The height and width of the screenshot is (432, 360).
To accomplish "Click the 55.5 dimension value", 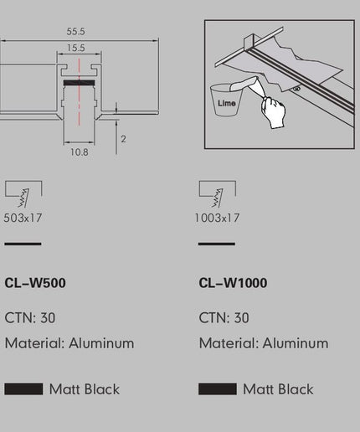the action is (75, 31).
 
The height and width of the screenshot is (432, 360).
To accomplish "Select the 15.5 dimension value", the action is (76, 48).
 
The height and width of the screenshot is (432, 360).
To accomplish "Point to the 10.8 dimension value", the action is (80, 152).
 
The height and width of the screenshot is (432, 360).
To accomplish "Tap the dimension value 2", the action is (123, 139).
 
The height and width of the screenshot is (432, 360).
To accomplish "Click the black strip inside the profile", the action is (79, 83).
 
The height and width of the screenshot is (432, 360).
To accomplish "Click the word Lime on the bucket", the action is (227, 103).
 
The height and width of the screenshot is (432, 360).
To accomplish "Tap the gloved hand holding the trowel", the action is (273, 112).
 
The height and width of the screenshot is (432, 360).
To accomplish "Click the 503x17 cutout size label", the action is (23, 218).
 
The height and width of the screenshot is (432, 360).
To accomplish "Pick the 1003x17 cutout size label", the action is (217, 218).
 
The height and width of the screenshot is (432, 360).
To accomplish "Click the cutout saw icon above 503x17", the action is (23, 194).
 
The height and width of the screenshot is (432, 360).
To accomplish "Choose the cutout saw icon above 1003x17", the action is (218, 194).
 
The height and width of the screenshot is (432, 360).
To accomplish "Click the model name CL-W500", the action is (35, 283).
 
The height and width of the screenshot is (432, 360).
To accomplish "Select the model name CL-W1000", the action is (233, 283).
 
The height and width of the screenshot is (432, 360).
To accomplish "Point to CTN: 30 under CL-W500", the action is (30, 317).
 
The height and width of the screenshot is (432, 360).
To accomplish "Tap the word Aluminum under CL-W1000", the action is (296, 343).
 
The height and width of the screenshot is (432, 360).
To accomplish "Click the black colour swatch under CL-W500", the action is (23, 389).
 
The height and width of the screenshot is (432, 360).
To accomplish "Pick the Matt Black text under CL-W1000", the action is (278, 389).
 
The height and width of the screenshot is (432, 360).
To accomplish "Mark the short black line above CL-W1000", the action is (217, 244).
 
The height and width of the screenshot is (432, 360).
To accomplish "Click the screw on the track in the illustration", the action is (297, 89).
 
